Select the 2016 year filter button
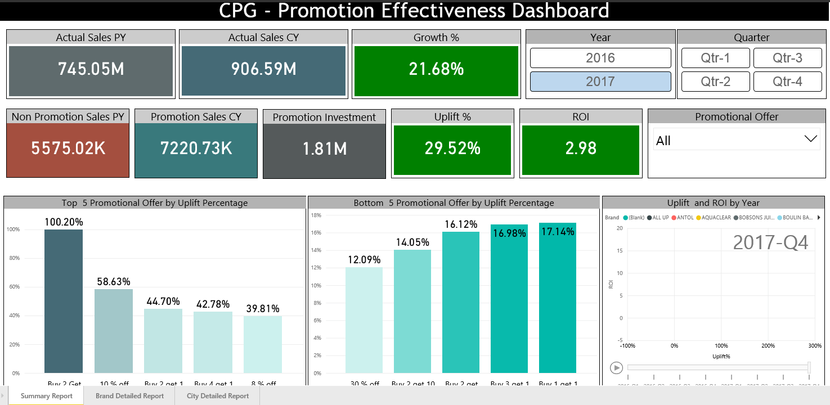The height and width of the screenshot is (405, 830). point(600,58)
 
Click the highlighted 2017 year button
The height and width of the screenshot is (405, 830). point(600,82)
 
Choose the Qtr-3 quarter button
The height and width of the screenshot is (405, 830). point(787,58)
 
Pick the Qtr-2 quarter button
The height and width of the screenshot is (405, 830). point(715,82)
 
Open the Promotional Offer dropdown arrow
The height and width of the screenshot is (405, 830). point(811,139)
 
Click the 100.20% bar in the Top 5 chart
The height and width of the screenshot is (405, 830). point(64,301)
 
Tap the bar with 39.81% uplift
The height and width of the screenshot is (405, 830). point(263,344)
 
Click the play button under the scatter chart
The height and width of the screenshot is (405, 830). point(617,368)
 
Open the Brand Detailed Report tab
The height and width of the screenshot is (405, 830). point(129,396)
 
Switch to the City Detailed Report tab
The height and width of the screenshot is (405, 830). point(218,396)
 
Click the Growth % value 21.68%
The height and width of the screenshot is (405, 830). point(436,69)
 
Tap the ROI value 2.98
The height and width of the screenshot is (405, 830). point(580,148)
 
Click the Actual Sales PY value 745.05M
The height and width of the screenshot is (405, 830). point(91,69)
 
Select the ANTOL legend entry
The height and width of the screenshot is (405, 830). point(683,218)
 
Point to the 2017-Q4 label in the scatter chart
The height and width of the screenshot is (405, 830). point(770,242)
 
